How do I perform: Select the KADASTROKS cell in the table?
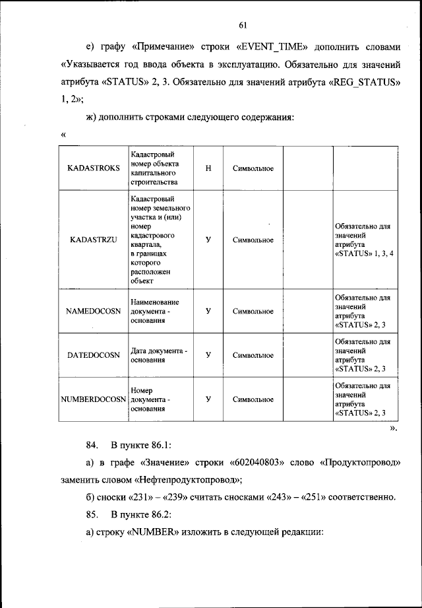tap(94, 168)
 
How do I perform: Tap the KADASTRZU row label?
tap(94, 240)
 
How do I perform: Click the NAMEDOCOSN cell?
tap(94, 311)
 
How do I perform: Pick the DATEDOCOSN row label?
tap(94, 355)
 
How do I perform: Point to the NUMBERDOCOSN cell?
tap(93, 399)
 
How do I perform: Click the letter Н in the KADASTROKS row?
tap(208, 168)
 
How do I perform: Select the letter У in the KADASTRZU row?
tap(208, 240)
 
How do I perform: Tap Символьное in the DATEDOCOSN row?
tap(253, 355)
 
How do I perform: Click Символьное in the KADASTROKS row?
tap(253, 168)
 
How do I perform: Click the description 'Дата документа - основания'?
tap(159, 355)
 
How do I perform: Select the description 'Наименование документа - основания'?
tap(155, 311)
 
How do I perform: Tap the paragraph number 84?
tap(92, 444)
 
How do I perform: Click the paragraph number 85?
tap(92, 513)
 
